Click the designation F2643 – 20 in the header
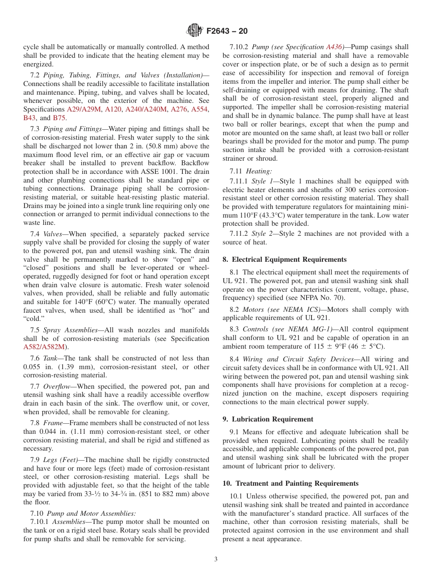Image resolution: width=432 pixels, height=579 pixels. click(227, 31)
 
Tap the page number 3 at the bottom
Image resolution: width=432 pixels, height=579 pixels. click(216, 559)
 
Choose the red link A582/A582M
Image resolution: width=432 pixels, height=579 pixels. click(45, 347)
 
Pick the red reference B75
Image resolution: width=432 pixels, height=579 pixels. click(60, 118)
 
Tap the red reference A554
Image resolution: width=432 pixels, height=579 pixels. click(200, 109)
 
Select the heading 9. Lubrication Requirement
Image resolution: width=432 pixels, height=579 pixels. click(268, 419)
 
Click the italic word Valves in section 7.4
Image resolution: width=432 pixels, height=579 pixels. click(52, 234)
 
